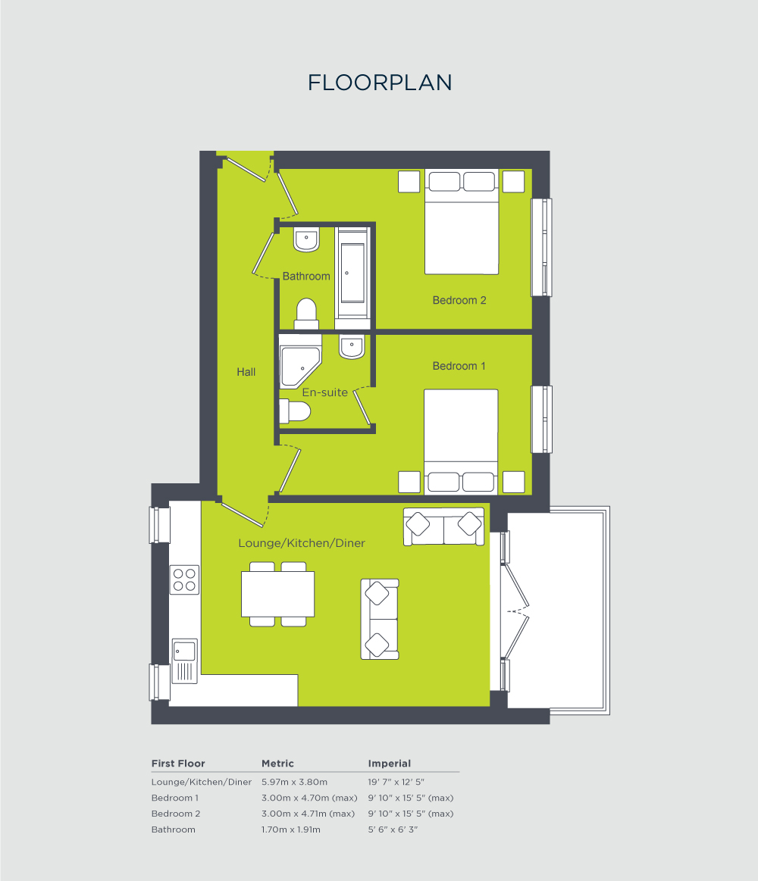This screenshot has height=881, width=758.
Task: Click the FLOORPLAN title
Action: (380, 83)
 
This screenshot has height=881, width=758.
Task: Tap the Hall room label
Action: (246, 372)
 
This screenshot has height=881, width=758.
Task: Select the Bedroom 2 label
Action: (459, 300)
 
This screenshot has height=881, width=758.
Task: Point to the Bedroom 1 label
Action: (459, 366)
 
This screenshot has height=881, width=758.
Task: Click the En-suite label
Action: (324, 392)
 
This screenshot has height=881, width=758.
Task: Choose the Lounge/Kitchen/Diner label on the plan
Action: (302, 543)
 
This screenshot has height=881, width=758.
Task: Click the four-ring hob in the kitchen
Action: (185, 580)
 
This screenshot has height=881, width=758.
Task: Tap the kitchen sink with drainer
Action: (184, 660)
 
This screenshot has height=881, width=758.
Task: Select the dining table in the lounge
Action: (277, 594)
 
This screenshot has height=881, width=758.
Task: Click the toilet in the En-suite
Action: (295, 411)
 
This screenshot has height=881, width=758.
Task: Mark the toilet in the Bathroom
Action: (306, 314)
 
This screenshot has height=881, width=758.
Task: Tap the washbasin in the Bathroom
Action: (306, 240)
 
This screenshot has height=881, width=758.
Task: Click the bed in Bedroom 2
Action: (461, 221)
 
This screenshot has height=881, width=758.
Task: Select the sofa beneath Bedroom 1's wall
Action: (444, 526)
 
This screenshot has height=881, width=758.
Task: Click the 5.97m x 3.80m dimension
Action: (294, 782)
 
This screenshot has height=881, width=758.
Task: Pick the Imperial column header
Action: (390, 764)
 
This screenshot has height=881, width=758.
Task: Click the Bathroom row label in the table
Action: (174, 829)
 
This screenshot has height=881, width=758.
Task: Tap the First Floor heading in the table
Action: (178, 764)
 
